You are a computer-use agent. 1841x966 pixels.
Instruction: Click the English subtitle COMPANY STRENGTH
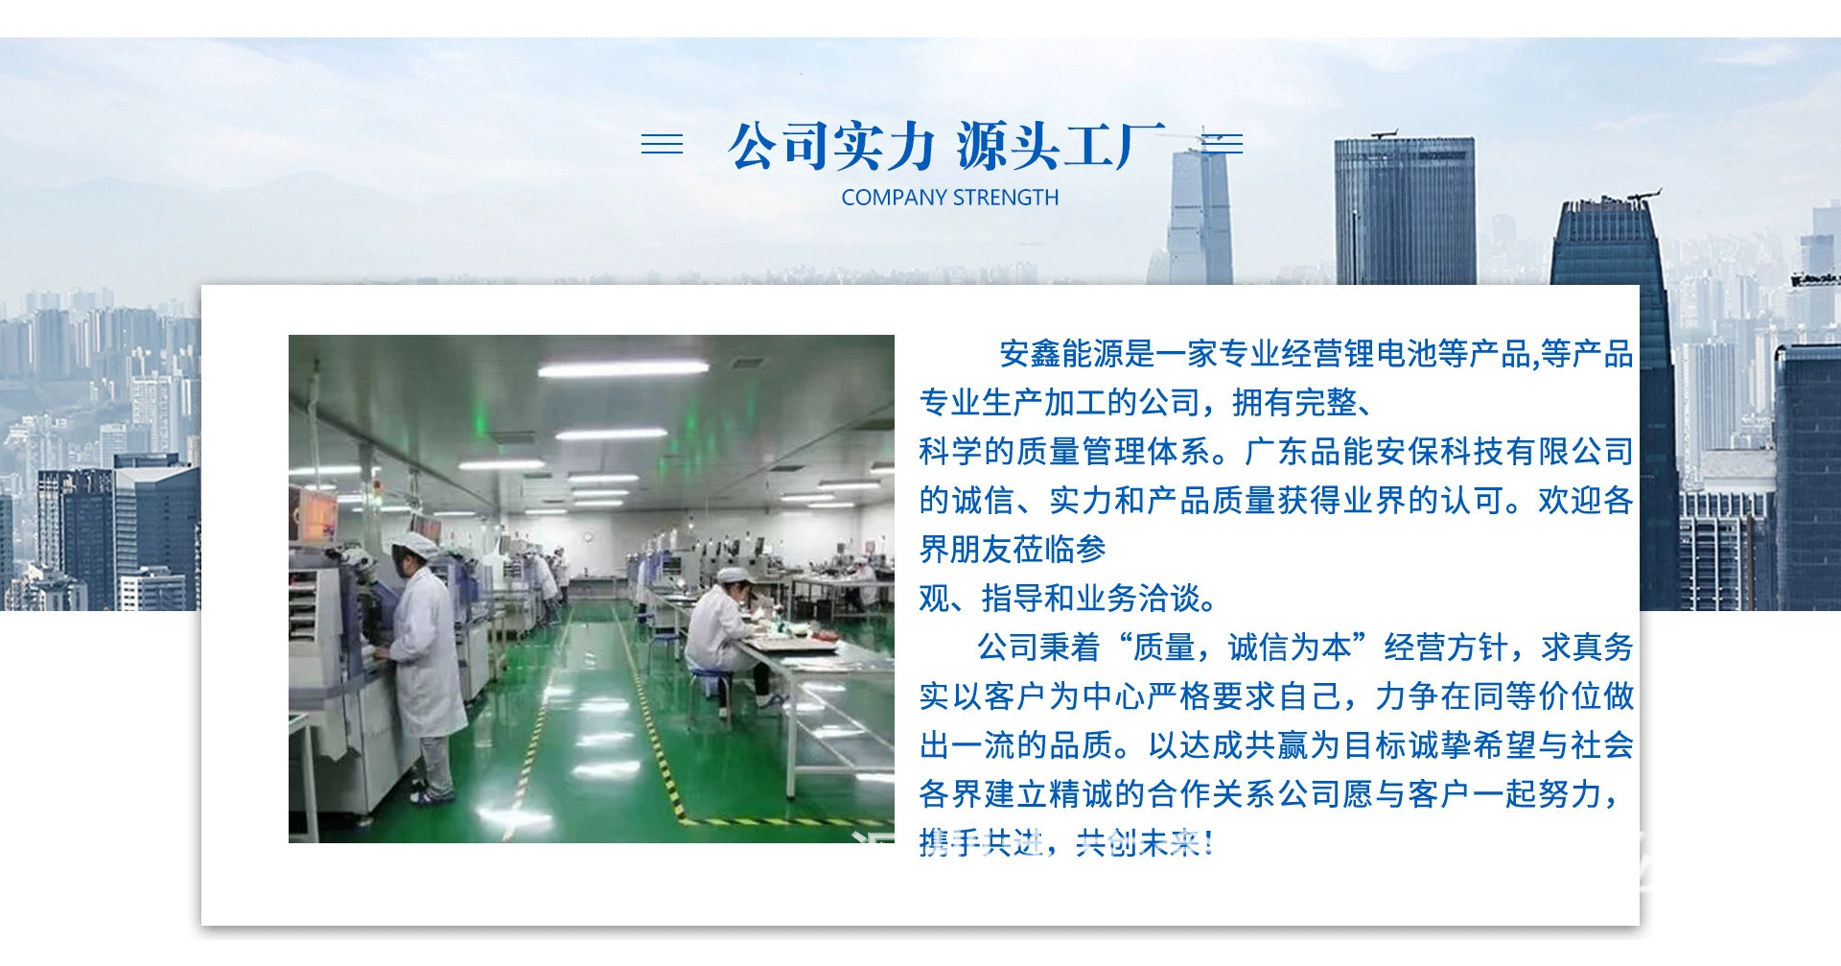pos(950,198)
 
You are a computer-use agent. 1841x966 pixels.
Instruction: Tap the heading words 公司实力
pos(830,147)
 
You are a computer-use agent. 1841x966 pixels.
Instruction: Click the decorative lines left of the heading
pos(662,144)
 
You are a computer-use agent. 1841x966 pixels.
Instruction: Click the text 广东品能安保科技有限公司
pos(1438,451)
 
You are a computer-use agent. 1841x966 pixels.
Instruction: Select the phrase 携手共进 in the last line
pos(980,843)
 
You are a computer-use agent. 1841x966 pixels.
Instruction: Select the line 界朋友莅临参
pos(1013,550)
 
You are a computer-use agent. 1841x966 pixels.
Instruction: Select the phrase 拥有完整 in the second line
pos(1294,403)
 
